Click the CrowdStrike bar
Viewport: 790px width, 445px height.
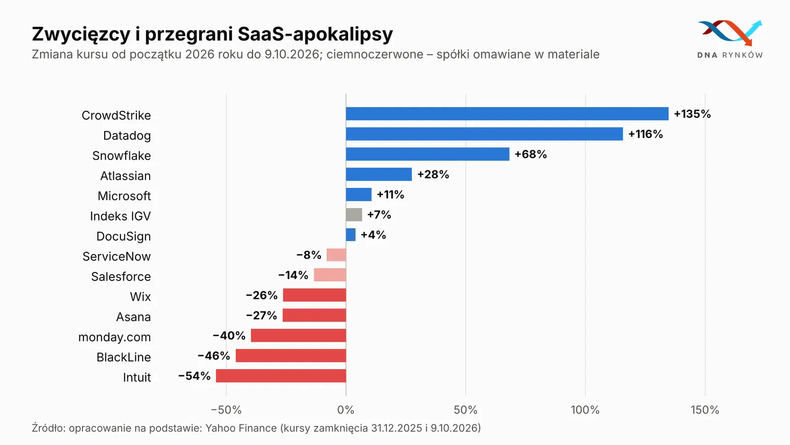coord(507,114)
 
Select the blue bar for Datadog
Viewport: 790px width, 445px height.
coord(484,134)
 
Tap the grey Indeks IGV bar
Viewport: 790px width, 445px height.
coord(354,215)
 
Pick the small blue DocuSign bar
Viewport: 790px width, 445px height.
coord(351,234)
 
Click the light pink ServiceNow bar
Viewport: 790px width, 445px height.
coord(336,255)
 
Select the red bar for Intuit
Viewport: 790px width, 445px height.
coord(281,376)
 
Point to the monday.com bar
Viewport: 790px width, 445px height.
coord(298,335)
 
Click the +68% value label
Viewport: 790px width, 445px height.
coord(531,154)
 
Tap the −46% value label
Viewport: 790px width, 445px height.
coord(214,356)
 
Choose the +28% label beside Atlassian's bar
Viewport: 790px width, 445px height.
coord(433,175)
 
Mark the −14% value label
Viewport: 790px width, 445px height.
coord(293,275)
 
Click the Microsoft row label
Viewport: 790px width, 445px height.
coord(124,196)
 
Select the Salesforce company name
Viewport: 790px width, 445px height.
coord(121,276)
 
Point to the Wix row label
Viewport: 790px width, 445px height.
coord(140,297)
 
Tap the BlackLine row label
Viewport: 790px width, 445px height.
coord(124,357)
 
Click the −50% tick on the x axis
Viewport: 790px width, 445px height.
coord(226,410)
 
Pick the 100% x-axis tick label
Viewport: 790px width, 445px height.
coord(586,410)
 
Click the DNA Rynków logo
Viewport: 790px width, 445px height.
coord(730,39)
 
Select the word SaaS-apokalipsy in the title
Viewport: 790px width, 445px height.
coord(316,35)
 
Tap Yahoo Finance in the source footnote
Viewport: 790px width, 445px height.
coord(241,428)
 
